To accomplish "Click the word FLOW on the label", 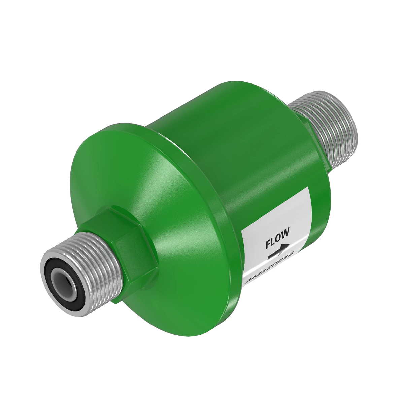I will [277, 237].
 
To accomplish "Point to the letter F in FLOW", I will [268, 243].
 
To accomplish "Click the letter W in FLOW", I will [285, 232].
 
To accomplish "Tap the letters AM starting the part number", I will [251, 280].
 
